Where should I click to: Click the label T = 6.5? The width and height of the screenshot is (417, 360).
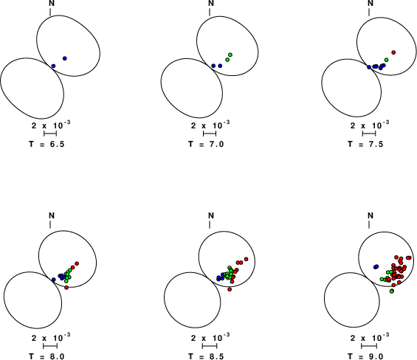[x=46, y=144]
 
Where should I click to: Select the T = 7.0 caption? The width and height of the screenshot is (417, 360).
[x=206, y=144]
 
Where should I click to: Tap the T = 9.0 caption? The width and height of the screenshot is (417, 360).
[x=365, y=356]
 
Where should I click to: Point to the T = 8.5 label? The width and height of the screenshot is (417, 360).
[x=206, y=356]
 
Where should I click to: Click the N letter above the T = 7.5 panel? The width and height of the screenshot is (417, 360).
[x=371, y=3]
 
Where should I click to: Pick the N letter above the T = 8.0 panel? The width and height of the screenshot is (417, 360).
[x=52, y=215]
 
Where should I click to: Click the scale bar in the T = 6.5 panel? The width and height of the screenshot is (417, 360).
[x=50, y=134]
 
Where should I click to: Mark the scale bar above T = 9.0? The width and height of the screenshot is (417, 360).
[x=369, y=346]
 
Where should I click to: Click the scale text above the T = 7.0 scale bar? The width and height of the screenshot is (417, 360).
[x=210, y=125]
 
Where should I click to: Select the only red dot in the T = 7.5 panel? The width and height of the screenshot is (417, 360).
[x=393, y=52]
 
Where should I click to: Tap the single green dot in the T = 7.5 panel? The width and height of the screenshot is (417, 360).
[x=387, y=60]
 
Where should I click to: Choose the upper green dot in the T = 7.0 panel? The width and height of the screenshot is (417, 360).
[x=230, y=55]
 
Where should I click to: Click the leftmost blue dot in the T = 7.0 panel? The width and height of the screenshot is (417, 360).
[x=213, y=66]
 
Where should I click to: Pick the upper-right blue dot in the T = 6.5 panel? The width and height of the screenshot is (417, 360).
[x=65, y=58]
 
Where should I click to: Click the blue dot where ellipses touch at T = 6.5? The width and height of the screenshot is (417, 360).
[x=53, y=66]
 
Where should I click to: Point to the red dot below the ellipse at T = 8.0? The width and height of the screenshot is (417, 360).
[x=66, y=288]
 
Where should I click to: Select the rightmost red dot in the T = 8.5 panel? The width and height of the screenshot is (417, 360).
[x=246, y=259]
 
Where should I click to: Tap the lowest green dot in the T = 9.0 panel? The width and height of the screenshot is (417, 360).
[x=391, y=291]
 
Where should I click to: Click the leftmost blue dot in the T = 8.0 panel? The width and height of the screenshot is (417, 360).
[x=53, y=280]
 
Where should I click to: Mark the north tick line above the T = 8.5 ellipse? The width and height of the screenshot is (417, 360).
[x=210, y=225]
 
